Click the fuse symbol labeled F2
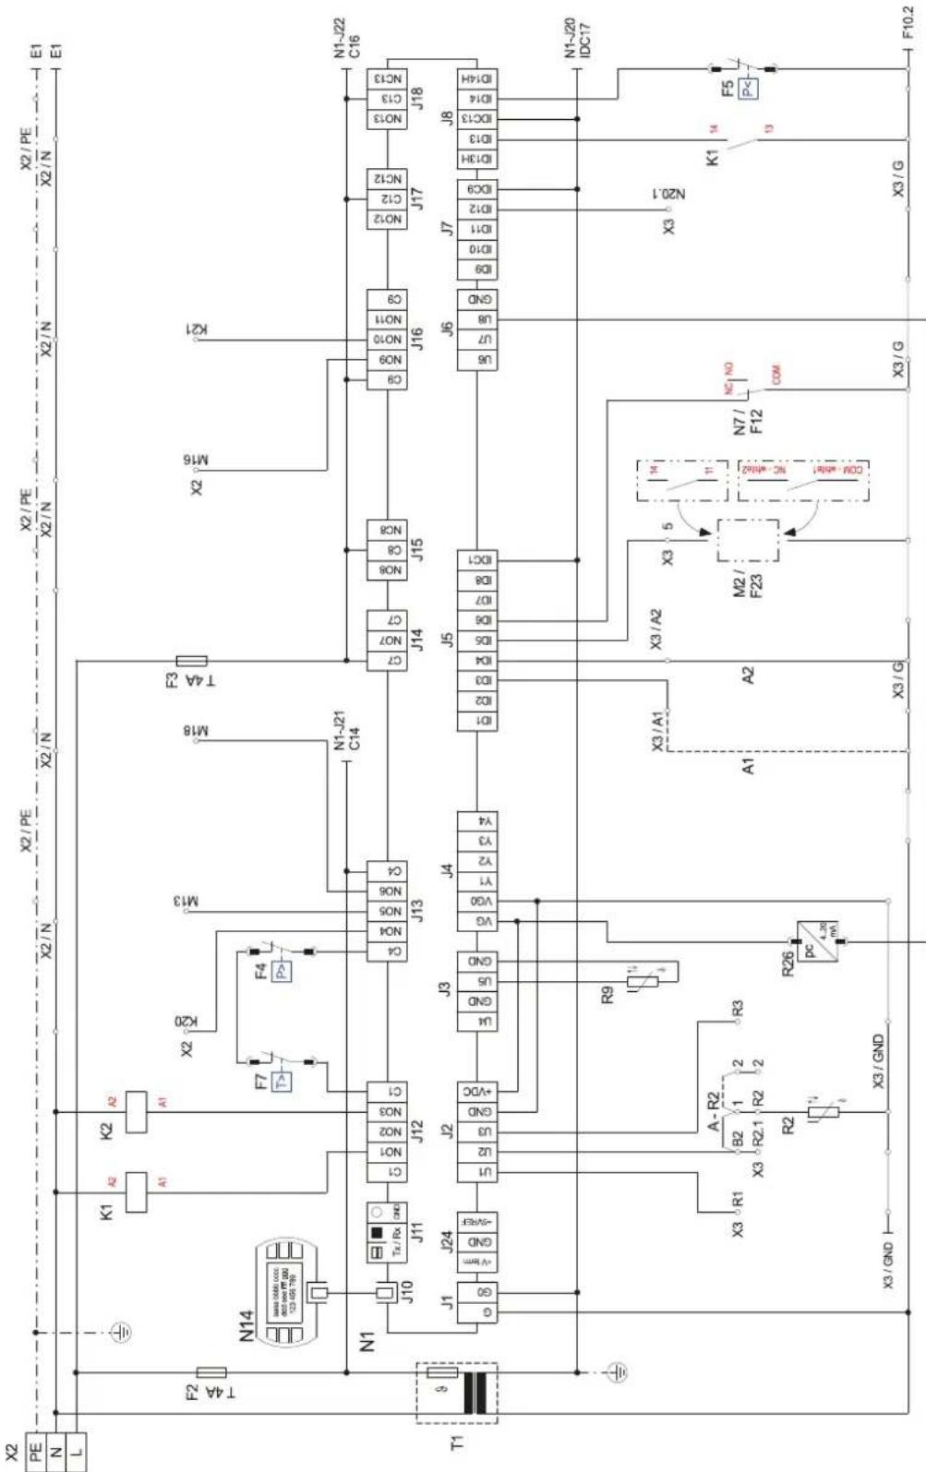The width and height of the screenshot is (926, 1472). coord(212,1372)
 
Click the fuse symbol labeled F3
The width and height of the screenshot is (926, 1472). coord(191,661)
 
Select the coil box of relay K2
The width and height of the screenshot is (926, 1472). coord(136,1111)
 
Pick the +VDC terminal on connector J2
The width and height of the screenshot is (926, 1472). coord(477,1092)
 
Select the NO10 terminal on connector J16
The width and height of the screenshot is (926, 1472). coord(387,340)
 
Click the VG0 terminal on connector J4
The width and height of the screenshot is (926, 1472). coord(477,900)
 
